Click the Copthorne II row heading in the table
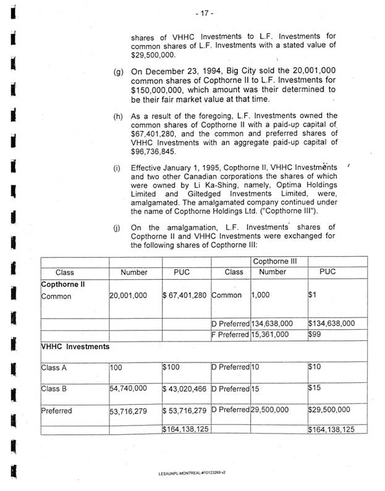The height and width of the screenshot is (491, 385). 62,285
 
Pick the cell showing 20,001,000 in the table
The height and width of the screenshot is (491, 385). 128,296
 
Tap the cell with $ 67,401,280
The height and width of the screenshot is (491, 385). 185,296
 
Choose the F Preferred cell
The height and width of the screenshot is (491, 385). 231,334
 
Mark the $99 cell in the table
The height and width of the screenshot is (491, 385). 316,334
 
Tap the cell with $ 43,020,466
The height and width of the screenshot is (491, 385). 185,389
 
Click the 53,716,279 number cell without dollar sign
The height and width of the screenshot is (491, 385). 128,411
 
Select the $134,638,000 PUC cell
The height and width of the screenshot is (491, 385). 331,322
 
